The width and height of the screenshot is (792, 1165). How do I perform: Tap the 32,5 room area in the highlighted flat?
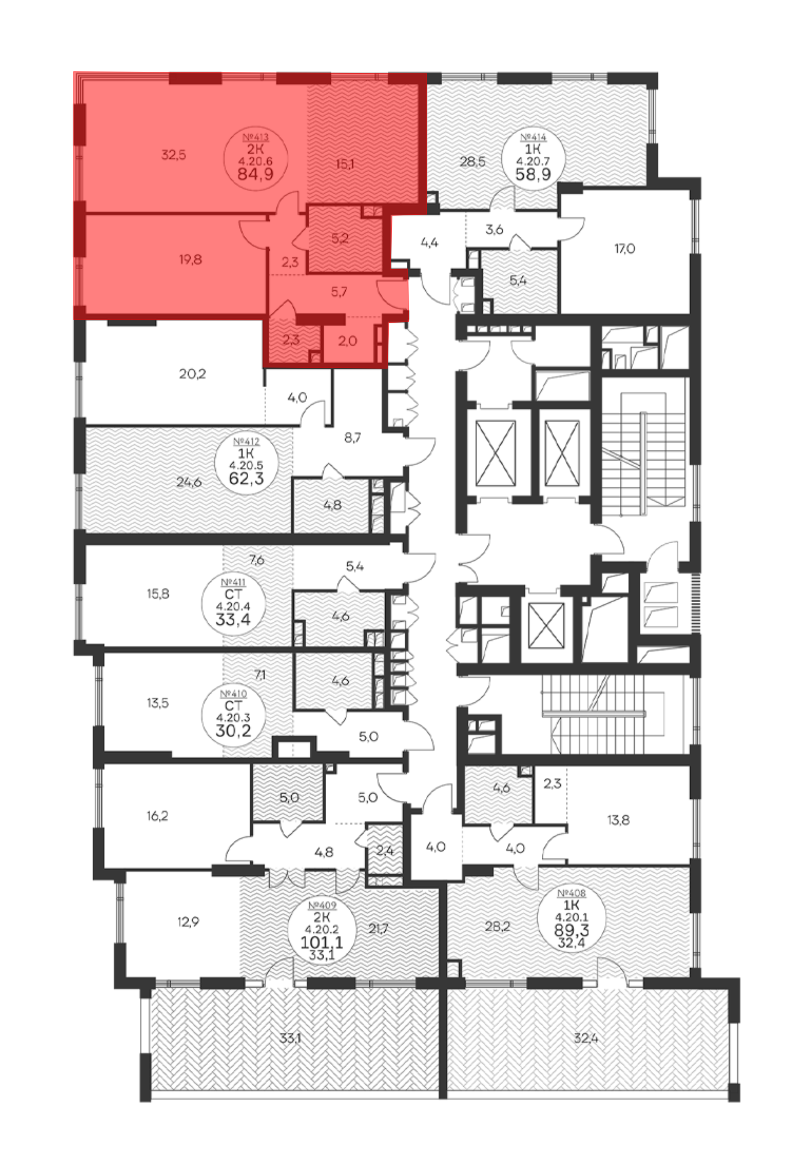coord(173,155)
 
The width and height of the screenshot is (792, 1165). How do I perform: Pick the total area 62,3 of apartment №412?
coord(246,479)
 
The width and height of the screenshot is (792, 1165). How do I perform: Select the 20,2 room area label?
coord(192,373)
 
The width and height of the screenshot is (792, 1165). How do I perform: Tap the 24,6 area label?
coord(189,482)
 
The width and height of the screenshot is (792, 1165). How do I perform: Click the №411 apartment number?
coord(234,583)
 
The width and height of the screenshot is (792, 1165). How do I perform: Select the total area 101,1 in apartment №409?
coord(321,942)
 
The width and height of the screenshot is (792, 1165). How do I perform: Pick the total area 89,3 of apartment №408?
coord(571,930)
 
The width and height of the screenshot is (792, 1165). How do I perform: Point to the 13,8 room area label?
coord(619,820)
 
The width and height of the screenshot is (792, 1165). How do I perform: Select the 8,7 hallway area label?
coord(352,438)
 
